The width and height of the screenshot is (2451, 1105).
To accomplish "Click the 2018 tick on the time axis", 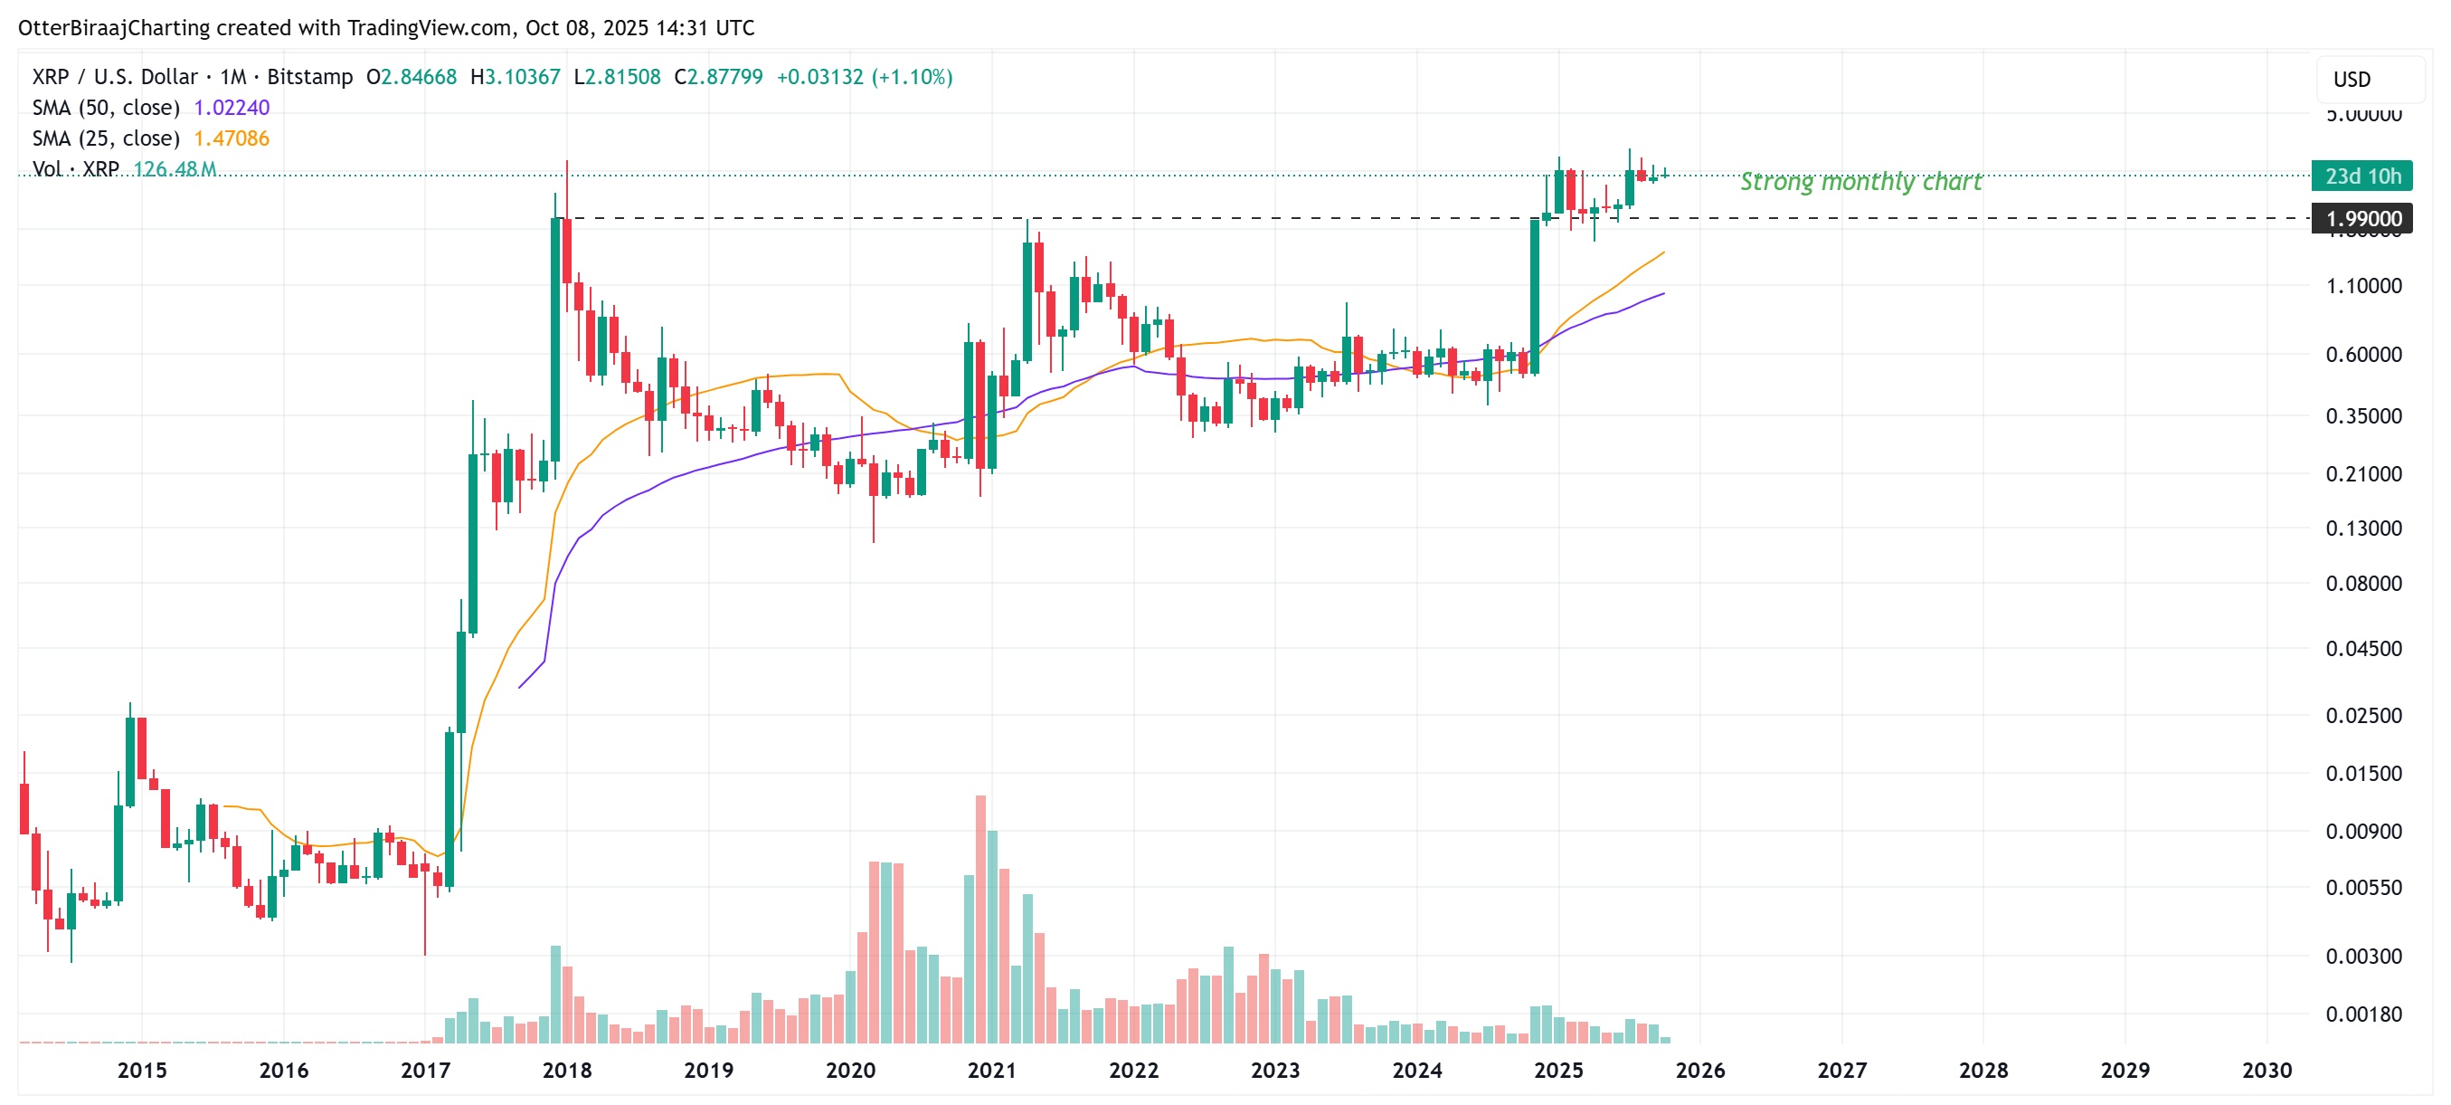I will pyautogui.click(x=566, y=1070).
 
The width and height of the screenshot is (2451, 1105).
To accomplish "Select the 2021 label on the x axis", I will pyautogui.click(x=991, y=1070).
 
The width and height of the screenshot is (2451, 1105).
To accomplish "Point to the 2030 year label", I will pyautogui.click(x=2266, y=1070).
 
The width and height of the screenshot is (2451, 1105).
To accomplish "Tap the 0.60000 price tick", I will pyautogui.click(x=2363, y=354).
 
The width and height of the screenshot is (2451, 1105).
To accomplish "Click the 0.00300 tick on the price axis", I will pyautogui.click(x=2363, y=956).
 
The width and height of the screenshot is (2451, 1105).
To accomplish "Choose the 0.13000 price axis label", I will pyautogui.click(x=2363, y=529).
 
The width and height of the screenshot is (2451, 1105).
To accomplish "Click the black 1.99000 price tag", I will pyautogui.click(x=2362, y=219).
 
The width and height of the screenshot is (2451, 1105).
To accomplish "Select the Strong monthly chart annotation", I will pyautogui.click(x=1860, y=181).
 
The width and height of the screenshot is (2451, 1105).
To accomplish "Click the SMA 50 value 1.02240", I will pyautogui.click(x=232, y=108).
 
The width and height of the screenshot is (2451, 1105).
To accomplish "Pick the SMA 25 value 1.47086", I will pyautogui.click(x=232, y=139).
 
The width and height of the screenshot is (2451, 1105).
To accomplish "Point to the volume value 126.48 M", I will pyautogui.click(x=175, y=169).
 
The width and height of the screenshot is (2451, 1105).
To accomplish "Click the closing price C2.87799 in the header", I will pyautogui.click(x=718, y=77).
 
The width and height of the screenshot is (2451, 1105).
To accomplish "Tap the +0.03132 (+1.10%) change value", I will pyautogui.click(x=864, y=77).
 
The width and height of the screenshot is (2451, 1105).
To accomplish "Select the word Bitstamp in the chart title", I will pyautogui.click(x=309, y=77).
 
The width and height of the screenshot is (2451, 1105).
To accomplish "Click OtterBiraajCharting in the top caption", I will pyautogui.click(x=114, y=27).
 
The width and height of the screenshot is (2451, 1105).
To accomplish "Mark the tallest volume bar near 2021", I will pyautogui.click(x=980, y=919).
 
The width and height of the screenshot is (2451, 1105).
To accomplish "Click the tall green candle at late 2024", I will pyautogui.click(x=1535, y=295).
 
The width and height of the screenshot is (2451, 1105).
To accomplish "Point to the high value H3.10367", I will pyautogui.click(x=515, y=77).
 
